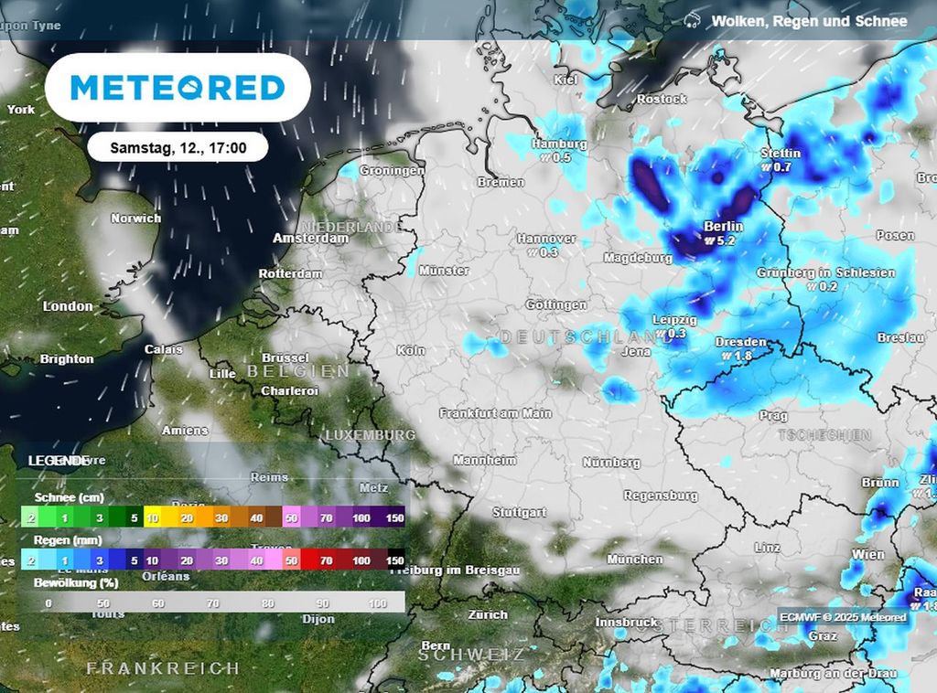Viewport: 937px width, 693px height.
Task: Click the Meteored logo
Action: [x=178, y=88]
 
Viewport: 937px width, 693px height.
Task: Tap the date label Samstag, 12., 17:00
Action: [x=178, y=146]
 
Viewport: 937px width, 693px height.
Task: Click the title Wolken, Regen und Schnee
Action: [x=809, y=21]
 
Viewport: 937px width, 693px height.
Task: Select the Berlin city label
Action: [x=723, y=226]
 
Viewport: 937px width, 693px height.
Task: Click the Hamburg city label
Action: [x=558, y=144]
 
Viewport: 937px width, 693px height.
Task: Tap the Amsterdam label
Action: [x=310, y=238]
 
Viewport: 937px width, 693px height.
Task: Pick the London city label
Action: [x=68, y=306]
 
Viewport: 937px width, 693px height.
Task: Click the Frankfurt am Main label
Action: [x=495, y=413]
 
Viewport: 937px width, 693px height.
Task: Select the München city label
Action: [x=634, y=559]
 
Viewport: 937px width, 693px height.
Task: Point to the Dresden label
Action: [x=740, y=342]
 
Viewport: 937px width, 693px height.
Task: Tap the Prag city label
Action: [x=773, y=416]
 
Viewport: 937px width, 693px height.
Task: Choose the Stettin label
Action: [x=781, y=154]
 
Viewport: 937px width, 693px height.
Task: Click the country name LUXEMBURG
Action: [x=370, y=435]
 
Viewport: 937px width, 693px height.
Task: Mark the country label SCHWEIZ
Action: [x=472, y=655]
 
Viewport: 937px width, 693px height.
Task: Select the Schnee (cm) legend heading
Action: [x=69, y=498]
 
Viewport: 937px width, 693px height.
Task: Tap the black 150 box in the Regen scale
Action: [x=395, y=560]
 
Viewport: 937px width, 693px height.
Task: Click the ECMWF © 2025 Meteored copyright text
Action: [x=843, y=617]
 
